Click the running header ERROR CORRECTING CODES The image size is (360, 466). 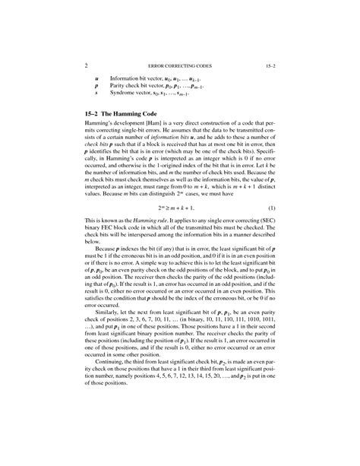pos(179,66)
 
